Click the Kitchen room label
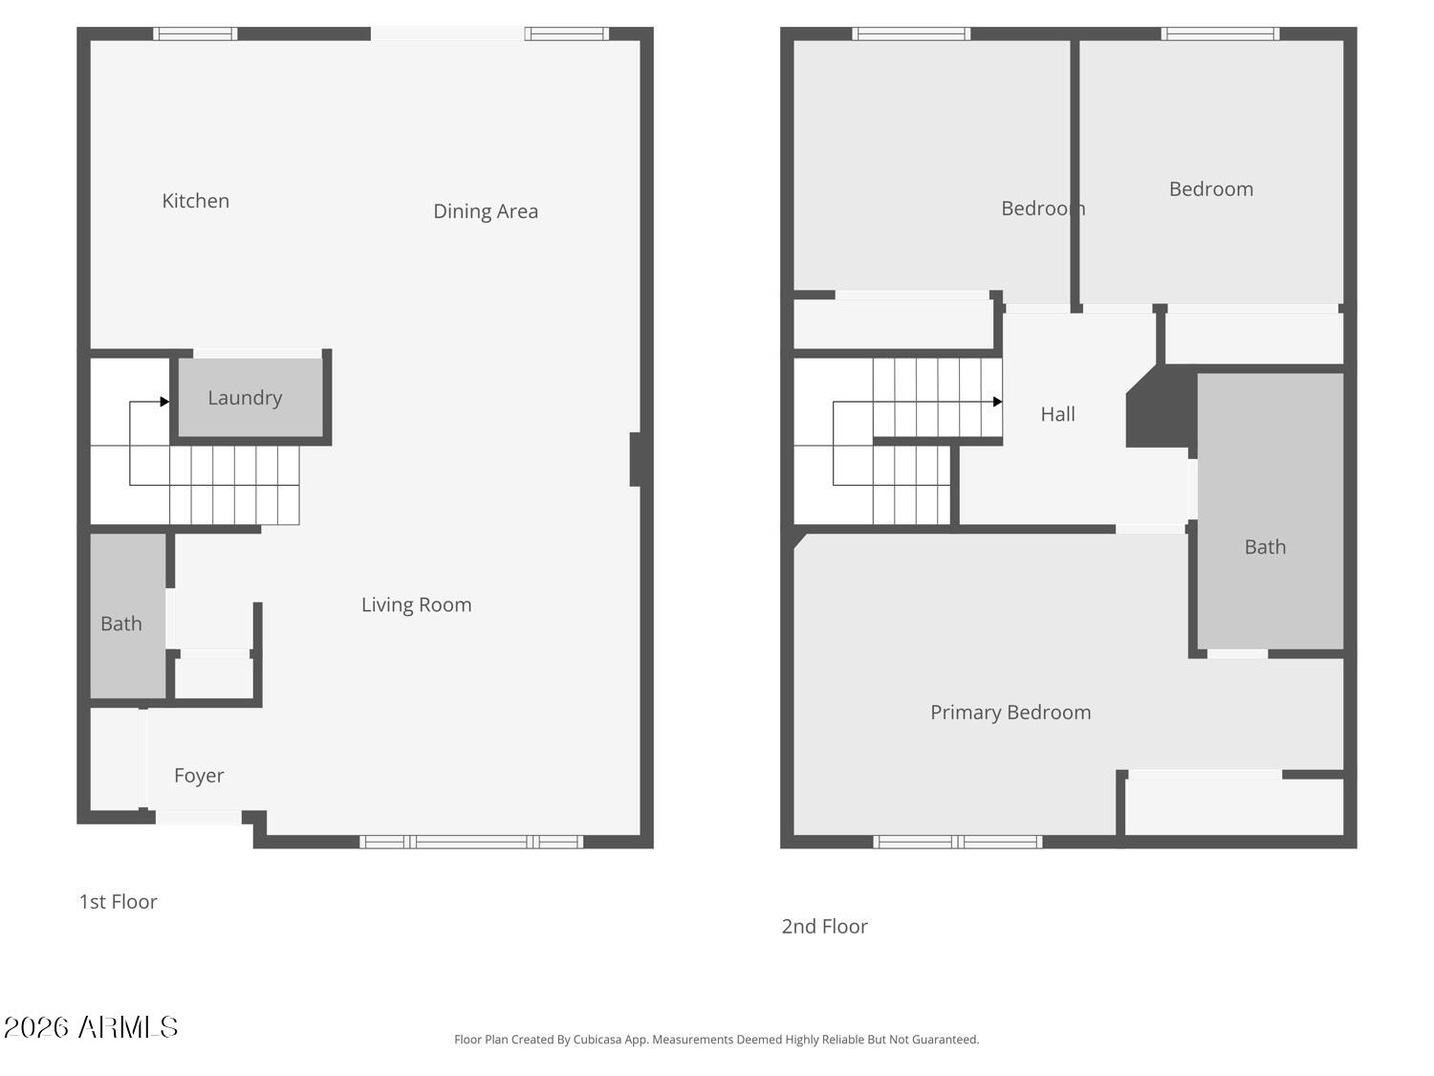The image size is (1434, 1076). tap(195, 201)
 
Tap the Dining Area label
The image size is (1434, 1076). tap(485, 211)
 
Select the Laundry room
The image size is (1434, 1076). tap(245, 398)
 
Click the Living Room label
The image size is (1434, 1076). tap(416, 604)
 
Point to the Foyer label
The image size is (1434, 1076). tap(199, 776)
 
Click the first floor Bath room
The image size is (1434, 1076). tap(121, 624)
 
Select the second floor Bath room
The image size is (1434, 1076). tap(1265, 547)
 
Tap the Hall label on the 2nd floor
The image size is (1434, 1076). tap(1057, 414)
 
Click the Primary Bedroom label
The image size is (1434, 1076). tap(1010, 713)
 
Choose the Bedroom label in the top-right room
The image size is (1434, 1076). tap(1210, 189)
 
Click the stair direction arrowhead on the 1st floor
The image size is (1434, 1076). tap(164, 402)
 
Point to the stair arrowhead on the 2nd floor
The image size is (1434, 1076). tap(997, 402)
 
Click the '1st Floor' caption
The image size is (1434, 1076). tap(118, 902)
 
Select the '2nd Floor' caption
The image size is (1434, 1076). tap(824, 927)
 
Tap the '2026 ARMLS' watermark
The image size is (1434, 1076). tap(91, 1027)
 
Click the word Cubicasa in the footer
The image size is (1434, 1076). tap(597, 1040)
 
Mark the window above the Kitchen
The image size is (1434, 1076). tap(196, 34)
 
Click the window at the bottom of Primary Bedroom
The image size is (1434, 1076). tap(958, 842)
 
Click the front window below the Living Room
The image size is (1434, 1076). tap(471, 842)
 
